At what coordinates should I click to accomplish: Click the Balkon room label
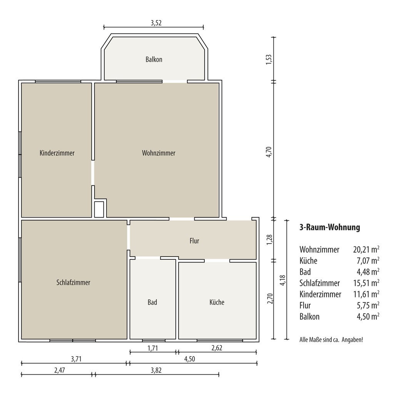click(x=154, y=60)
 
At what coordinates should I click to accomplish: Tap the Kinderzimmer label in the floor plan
click(x=57, y=153)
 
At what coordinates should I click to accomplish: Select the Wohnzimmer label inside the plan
click(x=159, y=153)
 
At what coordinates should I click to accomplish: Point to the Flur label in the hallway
click(x=194, y=241)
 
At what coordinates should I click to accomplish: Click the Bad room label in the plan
click(x=152, y=302)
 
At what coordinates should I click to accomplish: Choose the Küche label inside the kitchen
click(x=217, y=302)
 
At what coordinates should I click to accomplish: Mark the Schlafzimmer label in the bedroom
click(x=73, y=282)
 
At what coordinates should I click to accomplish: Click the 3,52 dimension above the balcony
click(x=156, y=23)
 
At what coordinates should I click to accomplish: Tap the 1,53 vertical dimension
click(x=269, y=60)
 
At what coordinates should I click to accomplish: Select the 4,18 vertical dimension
click(x=283, y=280)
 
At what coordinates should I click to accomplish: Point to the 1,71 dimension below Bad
click(x=152, y=348)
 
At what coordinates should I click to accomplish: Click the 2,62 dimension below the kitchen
click(x=217, y=348)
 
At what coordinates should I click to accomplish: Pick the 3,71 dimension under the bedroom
click(x=76, y=359)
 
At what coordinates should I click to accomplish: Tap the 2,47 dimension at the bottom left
click(x=60, y=371)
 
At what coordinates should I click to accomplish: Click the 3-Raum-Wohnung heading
click(x=330, y=227)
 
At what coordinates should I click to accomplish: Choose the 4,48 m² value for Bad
click(x=368, y=272)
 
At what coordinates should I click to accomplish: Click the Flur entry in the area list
click(x=305, y=306)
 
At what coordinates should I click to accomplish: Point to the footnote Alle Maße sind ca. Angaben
click(x=331, y=340)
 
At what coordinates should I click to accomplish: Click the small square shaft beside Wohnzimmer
click(x=99, y=209)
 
